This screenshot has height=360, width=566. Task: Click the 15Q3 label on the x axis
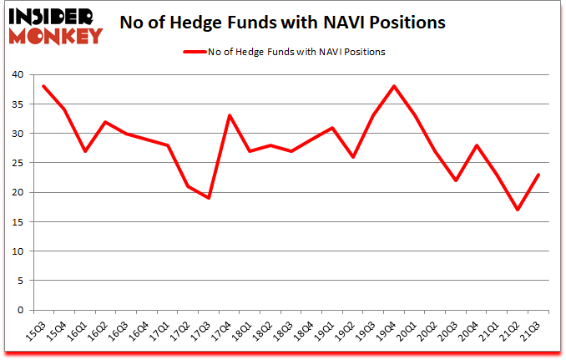(37, 332)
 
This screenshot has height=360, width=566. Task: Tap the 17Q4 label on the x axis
(225, 332)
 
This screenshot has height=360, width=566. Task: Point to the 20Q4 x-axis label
(475, 332)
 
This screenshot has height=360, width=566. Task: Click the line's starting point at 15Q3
(43, 87)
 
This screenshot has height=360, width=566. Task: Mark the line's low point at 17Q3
(209, 198)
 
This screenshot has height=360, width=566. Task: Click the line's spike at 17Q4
(230, 116)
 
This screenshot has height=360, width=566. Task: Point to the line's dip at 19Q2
(354, 157)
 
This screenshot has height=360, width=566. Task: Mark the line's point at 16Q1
(85, 151)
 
